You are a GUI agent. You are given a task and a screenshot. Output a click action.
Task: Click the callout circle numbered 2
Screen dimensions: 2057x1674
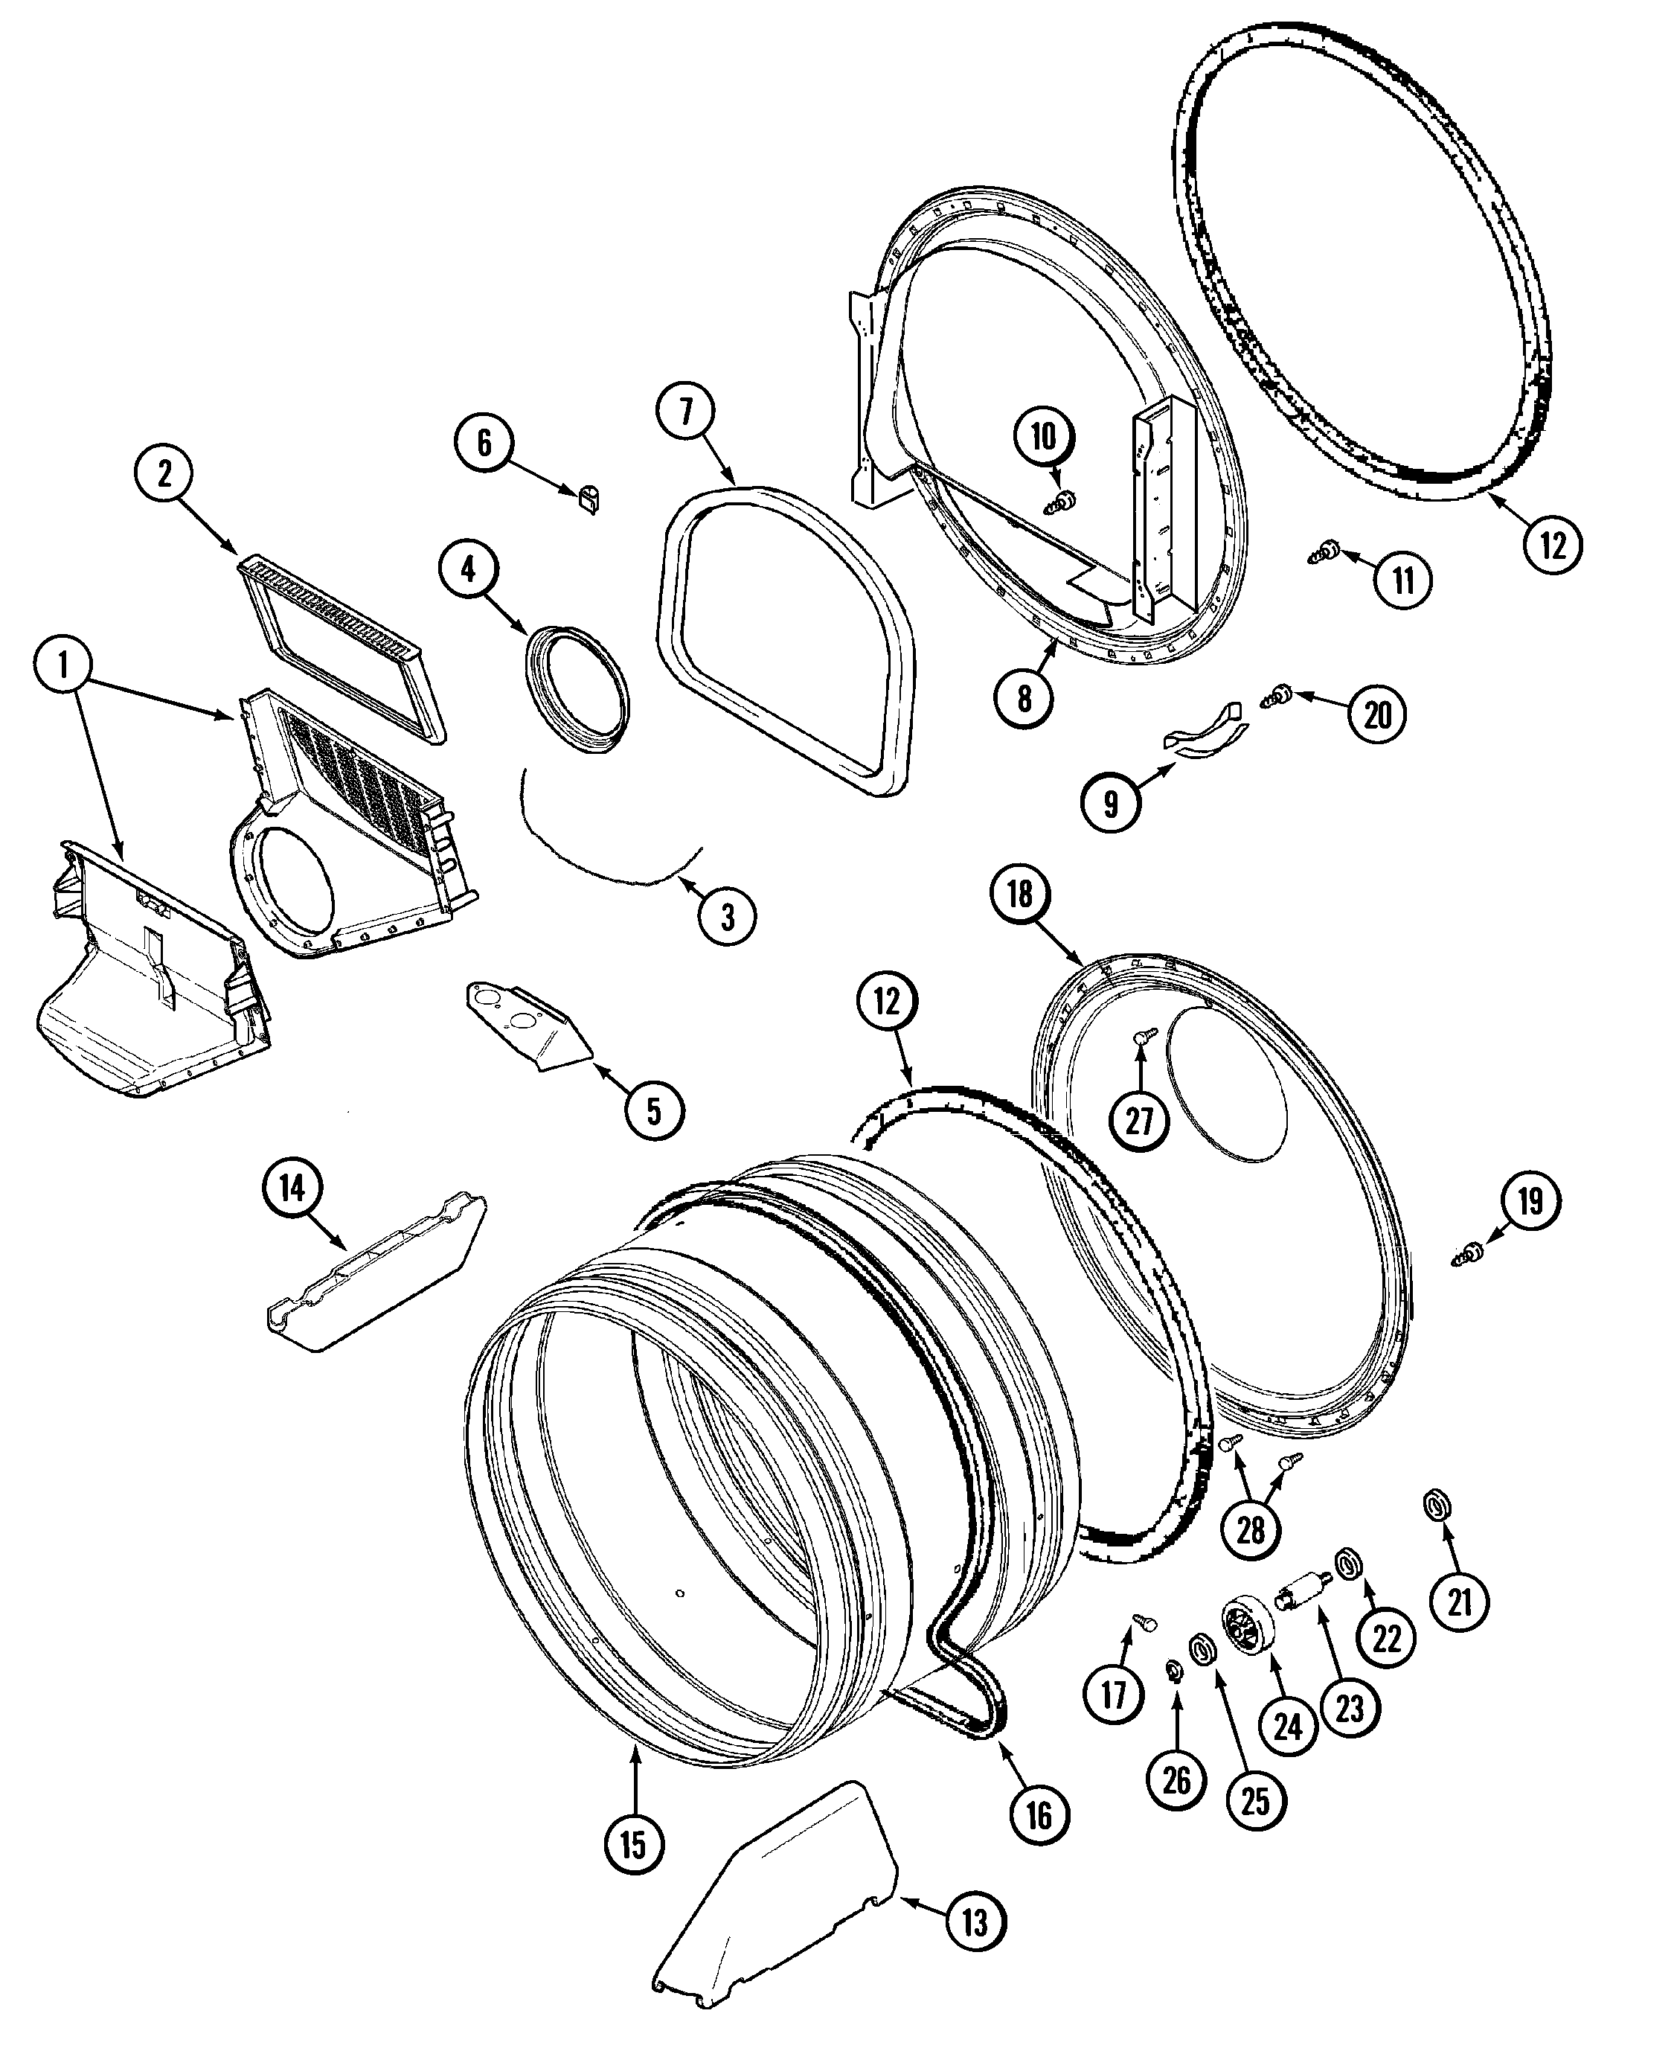(164, 473)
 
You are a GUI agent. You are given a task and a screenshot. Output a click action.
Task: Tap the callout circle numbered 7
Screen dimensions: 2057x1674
(686, 412)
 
